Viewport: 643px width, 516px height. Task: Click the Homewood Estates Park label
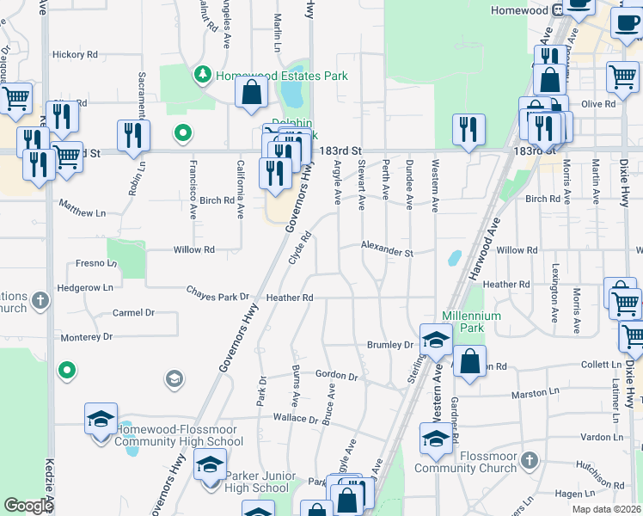[281, 76]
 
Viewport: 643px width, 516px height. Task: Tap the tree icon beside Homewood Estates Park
[203, 75]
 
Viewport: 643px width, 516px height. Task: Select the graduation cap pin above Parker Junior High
[209, 465]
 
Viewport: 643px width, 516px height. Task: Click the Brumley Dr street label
[390, 345]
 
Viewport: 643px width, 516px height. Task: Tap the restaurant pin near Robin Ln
[133, 135]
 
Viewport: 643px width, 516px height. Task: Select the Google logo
[28, 506]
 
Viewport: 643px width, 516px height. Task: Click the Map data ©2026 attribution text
[607, 509]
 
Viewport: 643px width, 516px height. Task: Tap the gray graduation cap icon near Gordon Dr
[174, 378]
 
